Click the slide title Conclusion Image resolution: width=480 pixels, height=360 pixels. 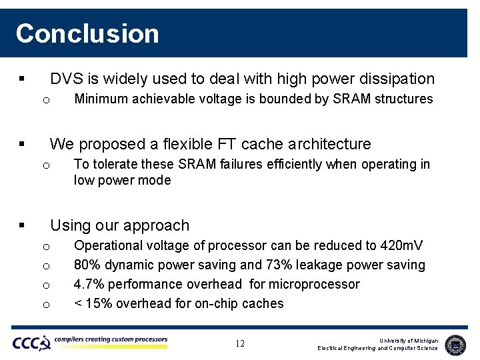click(x=87, y=33)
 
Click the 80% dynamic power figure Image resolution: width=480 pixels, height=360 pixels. click(x=87, y=265)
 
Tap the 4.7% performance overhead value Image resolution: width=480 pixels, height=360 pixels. click(x=89, y=284)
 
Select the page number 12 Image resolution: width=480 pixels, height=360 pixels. click(x=240, y=343)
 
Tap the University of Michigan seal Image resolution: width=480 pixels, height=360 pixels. click(x=455, y=344)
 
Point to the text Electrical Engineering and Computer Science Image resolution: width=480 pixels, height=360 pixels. click(x=377, y=348)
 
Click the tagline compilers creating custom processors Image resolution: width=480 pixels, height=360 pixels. click(x=111, y=339)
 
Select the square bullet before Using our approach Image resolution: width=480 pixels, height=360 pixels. click(x=23, y=226)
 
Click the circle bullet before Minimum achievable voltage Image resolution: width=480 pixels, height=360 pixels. click(x=46, y=100)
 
